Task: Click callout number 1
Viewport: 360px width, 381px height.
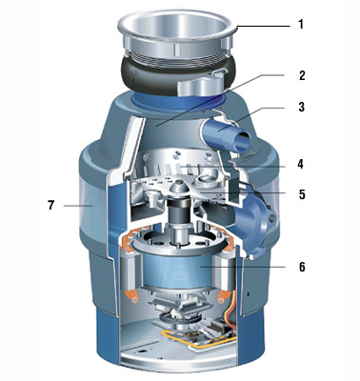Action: click(301, 25)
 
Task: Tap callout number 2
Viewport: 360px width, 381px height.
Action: click(301, 75)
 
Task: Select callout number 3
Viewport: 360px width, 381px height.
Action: click(301, 107)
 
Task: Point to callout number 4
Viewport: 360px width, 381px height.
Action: click(300, 165)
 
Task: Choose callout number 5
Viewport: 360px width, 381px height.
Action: click(302, 194)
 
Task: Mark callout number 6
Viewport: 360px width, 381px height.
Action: click(302, 267)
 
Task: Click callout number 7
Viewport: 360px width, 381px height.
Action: click(51, 205)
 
